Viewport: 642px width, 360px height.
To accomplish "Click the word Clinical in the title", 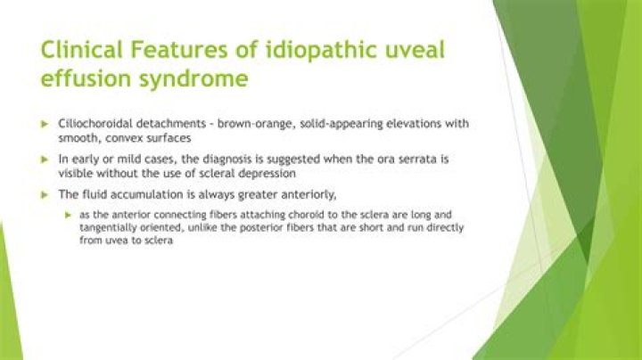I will (78, 50).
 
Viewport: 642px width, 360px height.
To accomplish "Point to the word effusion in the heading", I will (80, 79).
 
